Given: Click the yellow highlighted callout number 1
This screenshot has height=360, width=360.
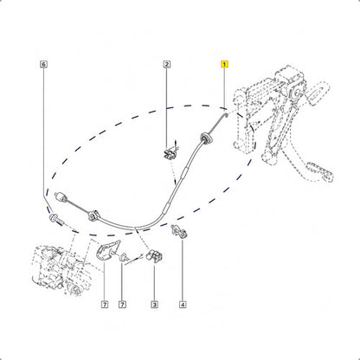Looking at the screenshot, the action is [x=224, y=64].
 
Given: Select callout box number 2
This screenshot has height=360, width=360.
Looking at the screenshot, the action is [x=166, y=64].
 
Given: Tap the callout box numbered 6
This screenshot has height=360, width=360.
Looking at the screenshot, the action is [x=43, y=64].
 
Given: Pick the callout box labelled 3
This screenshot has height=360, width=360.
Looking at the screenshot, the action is [x=154, y=305].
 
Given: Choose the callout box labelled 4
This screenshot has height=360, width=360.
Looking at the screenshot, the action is [x=183, y=305].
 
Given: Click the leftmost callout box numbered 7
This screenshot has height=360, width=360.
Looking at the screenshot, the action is [x=105, y=305].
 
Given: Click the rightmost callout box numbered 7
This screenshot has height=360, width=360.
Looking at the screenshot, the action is [x=122, y=305].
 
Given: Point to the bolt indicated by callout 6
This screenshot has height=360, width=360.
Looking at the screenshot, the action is [x=57, y=220].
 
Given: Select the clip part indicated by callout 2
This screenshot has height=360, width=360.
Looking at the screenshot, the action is [x=170, y=152].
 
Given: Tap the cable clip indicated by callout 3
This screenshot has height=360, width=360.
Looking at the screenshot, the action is [x=154, y=256].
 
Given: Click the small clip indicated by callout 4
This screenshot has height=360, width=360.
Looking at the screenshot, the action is [x=179, y=231].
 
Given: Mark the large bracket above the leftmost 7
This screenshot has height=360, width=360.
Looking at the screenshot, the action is [x=106, y=251].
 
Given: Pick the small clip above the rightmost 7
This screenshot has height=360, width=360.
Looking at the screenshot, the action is [x=124, y=258].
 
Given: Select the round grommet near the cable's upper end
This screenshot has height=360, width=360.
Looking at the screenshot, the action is [x=207, y=138].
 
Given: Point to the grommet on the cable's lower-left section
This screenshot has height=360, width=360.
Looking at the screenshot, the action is [x=93, y=216].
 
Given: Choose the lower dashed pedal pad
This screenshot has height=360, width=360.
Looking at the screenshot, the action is [x=321, y=172].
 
